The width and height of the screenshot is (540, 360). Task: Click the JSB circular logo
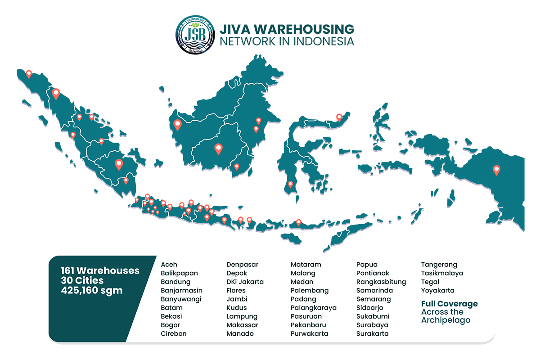click(x=195, y=35)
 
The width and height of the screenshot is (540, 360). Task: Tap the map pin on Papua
click(x=496, y=170)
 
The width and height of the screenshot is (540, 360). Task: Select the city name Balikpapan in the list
click(x=179, y=273)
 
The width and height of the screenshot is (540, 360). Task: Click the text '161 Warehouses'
click(x=100, y=270)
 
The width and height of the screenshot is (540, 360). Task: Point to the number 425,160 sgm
click(x=92, y=290)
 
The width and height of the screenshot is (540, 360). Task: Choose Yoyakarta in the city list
click(x=437, y=290)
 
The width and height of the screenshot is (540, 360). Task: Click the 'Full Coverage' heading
click(x=449, y=304)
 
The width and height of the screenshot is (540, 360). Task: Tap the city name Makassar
click(x=242, y=325)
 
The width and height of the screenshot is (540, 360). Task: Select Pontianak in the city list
click(x=373, y=273)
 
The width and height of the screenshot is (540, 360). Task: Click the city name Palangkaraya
click(x=313, y=308)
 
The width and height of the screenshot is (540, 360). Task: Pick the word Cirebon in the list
click(x=174, y=333)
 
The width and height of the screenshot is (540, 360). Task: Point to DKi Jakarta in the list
click(x=245, y=282)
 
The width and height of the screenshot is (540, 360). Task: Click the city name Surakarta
click(x=372, y=333)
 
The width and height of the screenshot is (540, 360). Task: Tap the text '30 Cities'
click(x=82, y=280)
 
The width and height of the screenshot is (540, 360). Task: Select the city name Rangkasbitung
click(x=381, y=282)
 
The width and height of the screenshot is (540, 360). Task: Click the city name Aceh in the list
click(x=169, y=265)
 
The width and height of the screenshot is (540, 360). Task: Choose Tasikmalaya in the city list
click(x=442, y=273)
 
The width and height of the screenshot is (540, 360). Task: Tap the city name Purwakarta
click(x=309, y=333)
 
